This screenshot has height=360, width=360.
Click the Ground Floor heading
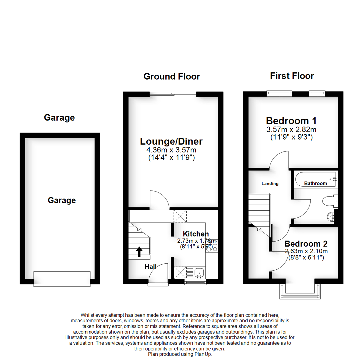pos(172,76)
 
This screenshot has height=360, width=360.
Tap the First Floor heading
pos(292,76)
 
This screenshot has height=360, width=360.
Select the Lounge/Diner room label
pos(171,141)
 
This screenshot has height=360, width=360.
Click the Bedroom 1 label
pos(291,121)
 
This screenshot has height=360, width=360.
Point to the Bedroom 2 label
pos(306,244)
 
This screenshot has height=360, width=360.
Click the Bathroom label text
pos(315,183)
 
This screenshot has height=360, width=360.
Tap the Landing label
pos(270,184)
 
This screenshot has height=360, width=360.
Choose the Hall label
pos(151,267)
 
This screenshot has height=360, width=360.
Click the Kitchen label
pos(196,234)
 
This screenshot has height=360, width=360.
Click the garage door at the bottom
pos(62,279)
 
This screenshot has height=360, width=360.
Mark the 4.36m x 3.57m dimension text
pos(171,150)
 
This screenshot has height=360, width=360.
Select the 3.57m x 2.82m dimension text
pos(291,129)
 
